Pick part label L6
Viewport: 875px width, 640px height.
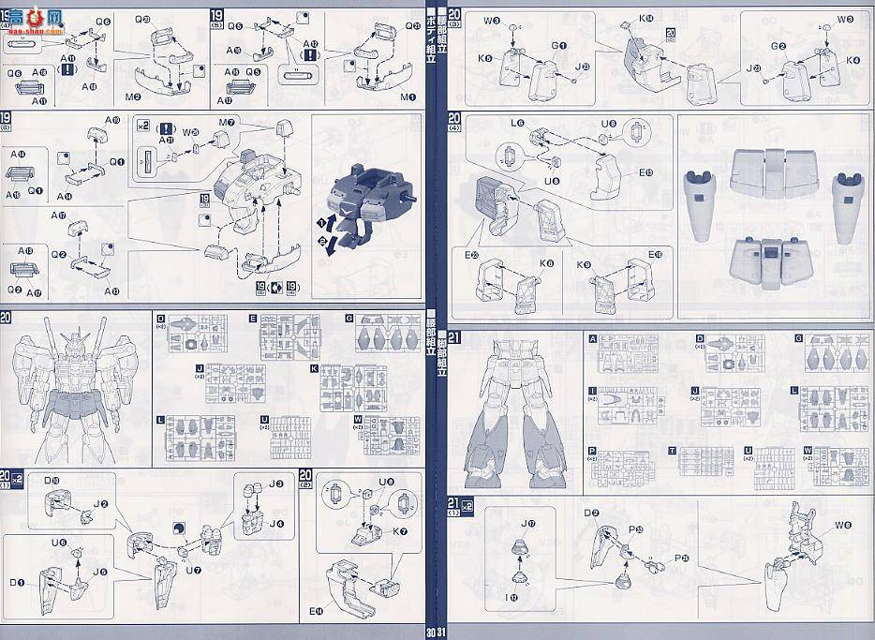coord(517,123)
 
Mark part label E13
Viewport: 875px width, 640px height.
coord(646,172)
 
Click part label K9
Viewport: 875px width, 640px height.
coord(584,265)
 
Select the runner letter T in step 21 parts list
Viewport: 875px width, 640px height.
coord(673,451)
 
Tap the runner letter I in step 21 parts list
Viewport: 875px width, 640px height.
coord(592,391)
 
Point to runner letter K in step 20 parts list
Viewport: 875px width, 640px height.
coord(315,368)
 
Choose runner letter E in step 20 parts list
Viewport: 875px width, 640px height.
coord(253,319)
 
